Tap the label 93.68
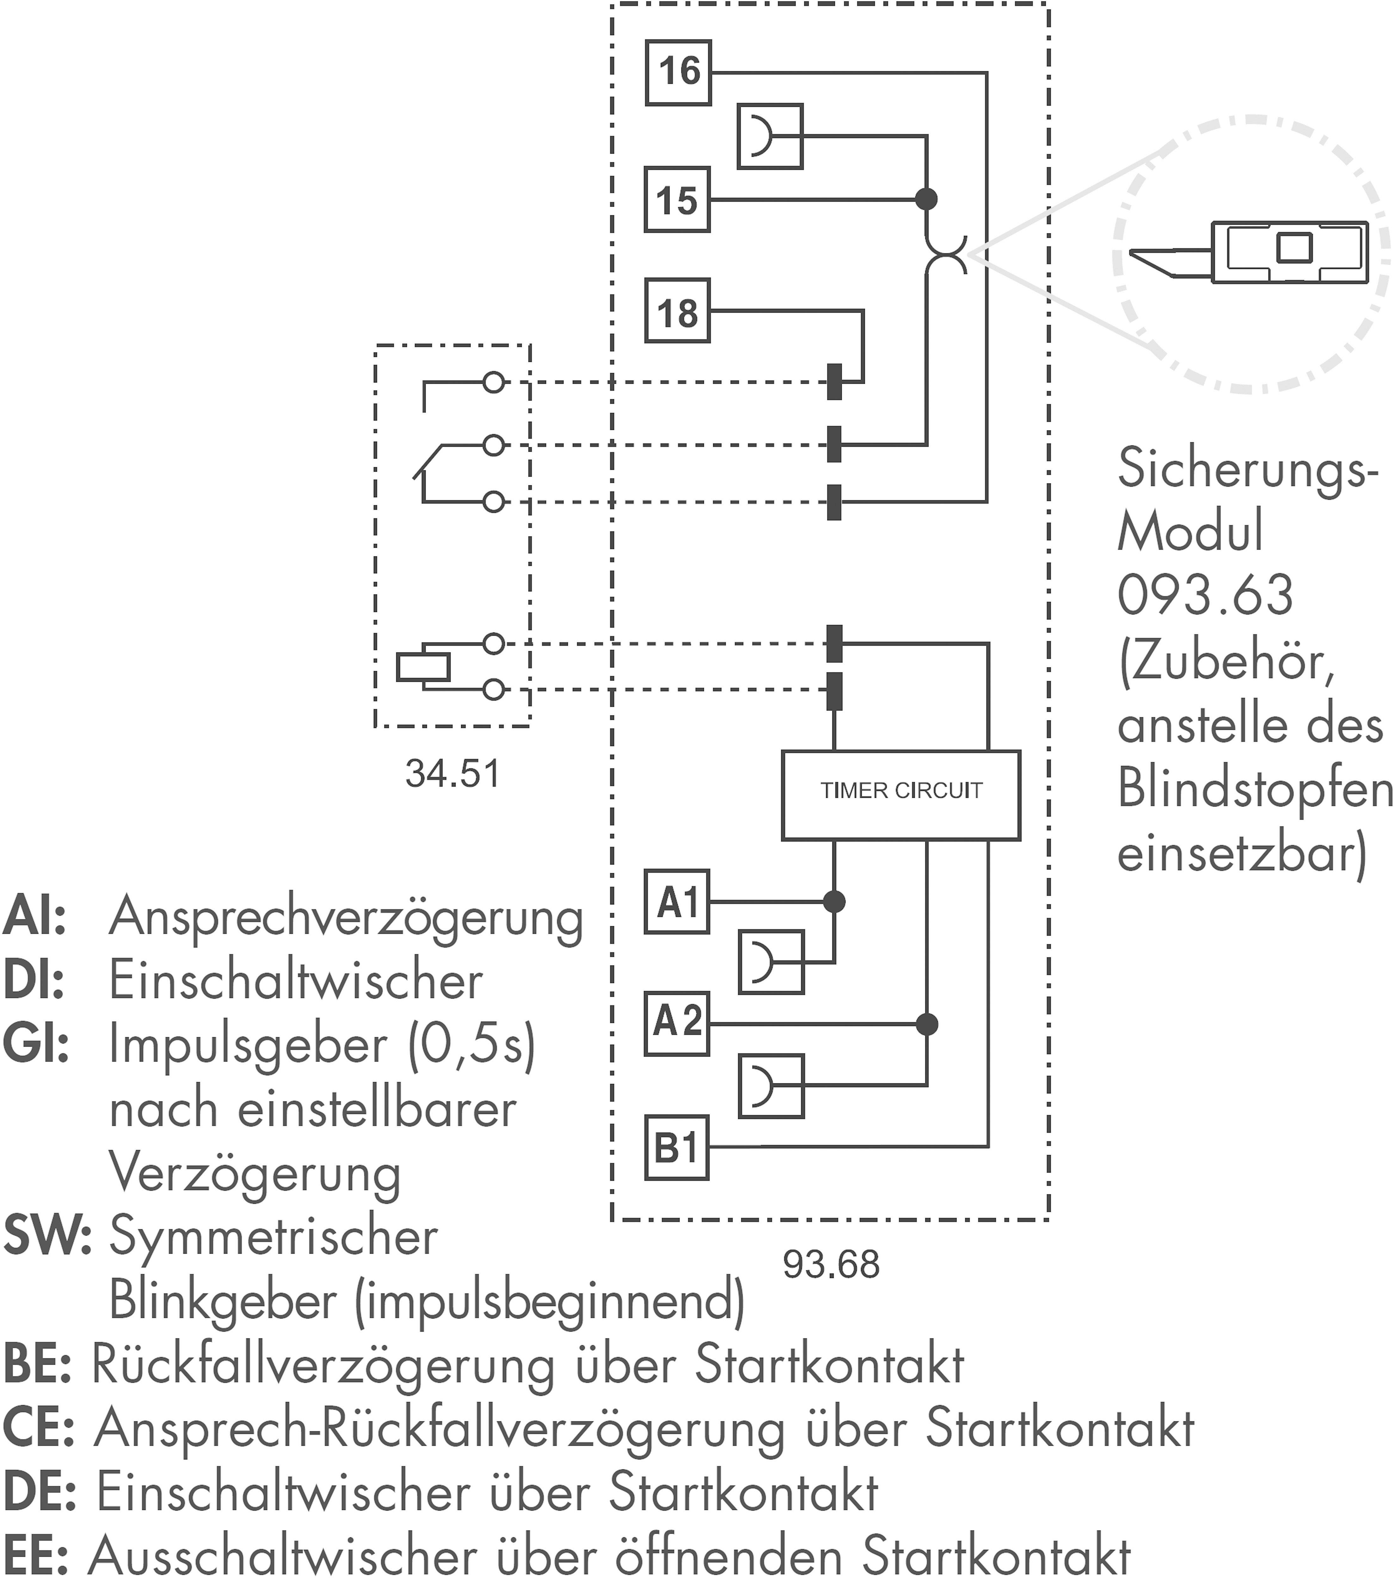(x=831, y=1264)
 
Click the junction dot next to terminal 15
(x=926, y=199)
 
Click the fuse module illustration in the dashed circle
(x=1251, y=253)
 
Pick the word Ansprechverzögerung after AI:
(x=346, y=917)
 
